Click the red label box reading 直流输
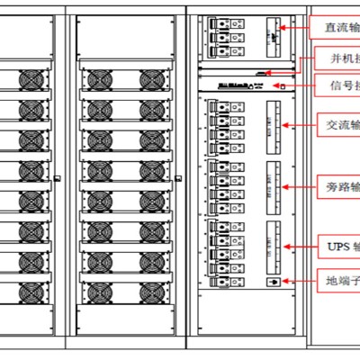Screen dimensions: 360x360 pyautogui.click(x=335, y=27)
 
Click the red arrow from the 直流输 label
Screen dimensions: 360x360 pyautogui.click(x=294, y=28)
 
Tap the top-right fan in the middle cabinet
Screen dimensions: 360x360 pyautogui.click(x=150, y=80)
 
